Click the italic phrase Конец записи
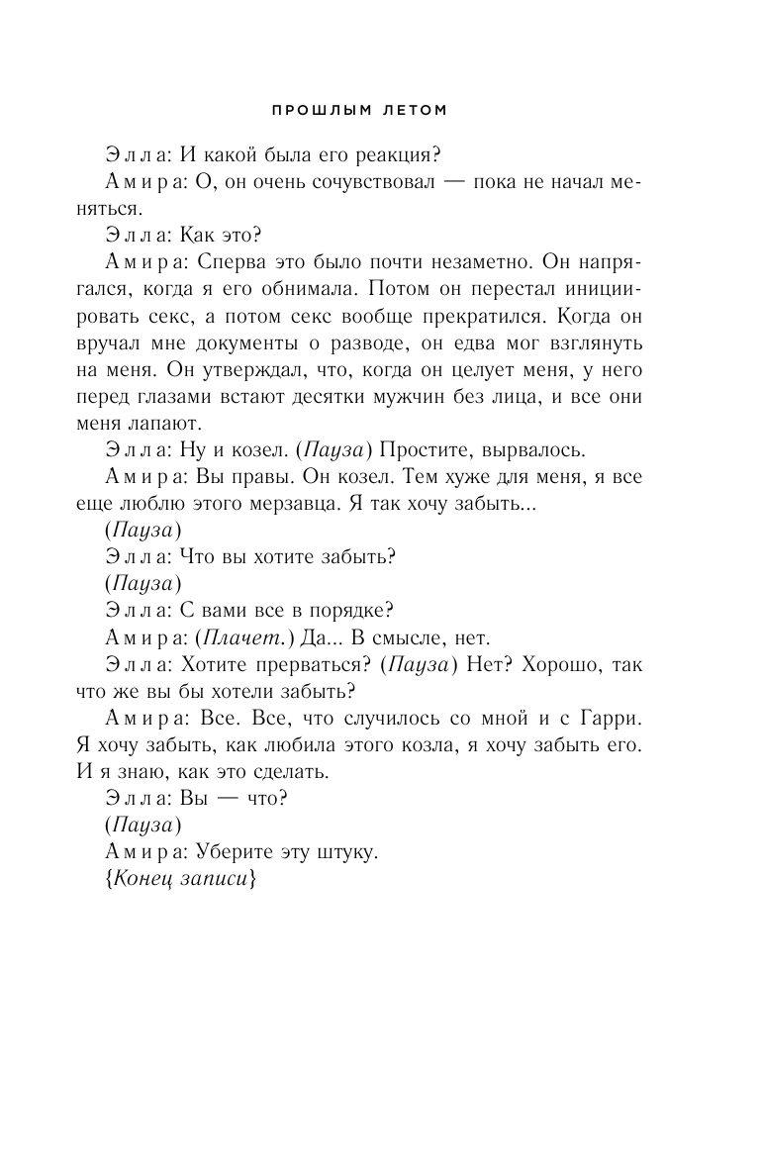[x=184, y=877]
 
